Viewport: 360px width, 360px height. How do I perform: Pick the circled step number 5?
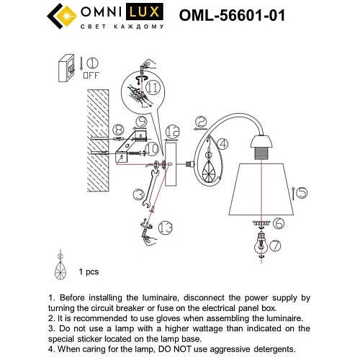301,192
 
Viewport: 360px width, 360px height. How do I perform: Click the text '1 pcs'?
89,272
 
